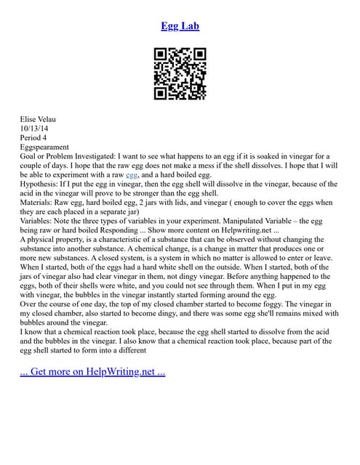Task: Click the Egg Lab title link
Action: (180, 26)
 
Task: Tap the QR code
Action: (180, 73)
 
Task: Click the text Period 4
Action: (34, 137)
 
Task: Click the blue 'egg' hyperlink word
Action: (132, 175)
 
